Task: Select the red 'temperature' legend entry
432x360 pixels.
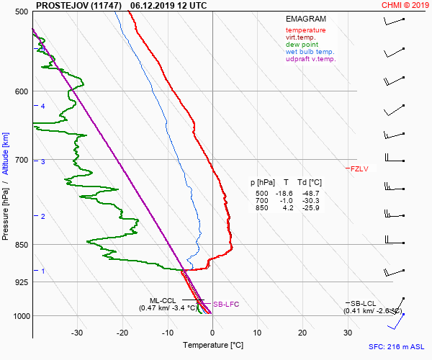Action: point(305,30)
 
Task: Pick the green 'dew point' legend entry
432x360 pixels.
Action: point(303,45)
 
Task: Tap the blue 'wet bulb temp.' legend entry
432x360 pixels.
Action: point(310,52)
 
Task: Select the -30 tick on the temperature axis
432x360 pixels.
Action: point(77,333)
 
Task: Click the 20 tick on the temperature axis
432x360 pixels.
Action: point(302,333)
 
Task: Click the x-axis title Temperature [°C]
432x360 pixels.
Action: point(212,346)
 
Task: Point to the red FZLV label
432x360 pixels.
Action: point(359,168)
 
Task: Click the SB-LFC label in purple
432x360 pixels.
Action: point(225,305)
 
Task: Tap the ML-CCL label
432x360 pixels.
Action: point(163,300)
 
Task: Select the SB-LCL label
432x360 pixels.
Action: point(363,303)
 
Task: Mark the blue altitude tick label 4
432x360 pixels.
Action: point(43,107)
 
